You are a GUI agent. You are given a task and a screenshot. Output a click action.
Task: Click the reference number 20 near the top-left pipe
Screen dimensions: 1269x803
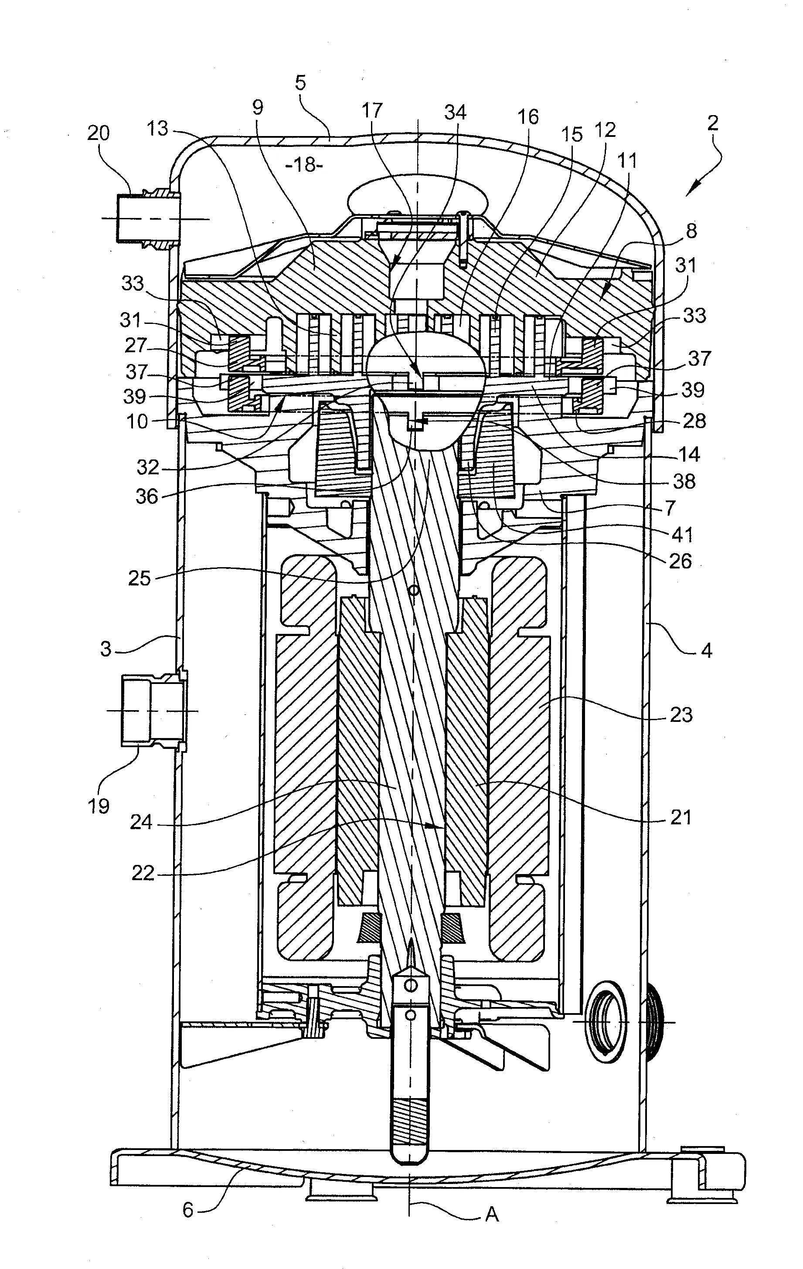(x=98, y=133)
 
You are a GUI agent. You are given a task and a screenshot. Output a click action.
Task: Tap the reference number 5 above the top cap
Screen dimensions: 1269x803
(x=300, y=84)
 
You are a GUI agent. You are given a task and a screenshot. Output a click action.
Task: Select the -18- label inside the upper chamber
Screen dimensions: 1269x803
(x=304, y=166)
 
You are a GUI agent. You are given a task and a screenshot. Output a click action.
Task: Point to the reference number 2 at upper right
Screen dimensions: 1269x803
(x=712, y=123)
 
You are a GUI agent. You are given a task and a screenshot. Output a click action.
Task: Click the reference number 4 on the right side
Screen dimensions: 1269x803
(x=707, y=651)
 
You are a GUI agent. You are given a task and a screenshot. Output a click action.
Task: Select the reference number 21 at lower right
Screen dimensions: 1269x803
(x=680, y=817)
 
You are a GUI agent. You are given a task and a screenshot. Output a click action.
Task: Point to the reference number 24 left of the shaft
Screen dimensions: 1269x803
(x=141, y=822)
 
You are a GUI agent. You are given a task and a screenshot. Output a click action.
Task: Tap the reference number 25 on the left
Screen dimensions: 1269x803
(x=139, y=578)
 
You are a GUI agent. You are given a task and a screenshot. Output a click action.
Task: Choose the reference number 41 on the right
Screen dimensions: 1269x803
(x=682, y=535)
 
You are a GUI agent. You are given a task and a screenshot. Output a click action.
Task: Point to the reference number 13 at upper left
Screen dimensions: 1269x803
(x=157, y=128)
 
